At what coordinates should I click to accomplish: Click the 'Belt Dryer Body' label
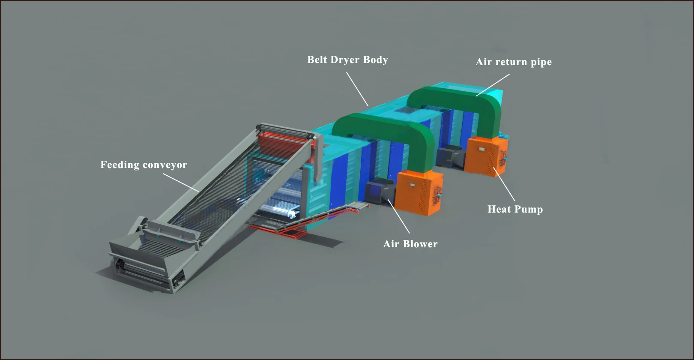(x=347, y=60)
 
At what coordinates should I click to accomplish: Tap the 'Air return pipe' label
(x=513, y=62)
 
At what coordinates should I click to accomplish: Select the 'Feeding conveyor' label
(x=144, y=165)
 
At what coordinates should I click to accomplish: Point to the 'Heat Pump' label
(x=515, y=209)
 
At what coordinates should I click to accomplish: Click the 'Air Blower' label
(x=410, y=244)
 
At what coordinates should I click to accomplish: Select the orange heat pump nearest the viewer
(x=418, y=192)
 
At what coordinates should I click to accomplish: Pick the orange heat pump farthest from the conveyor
(x=486, y=156)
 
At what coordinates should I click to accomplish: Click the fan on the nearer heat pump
(x=437, y=195)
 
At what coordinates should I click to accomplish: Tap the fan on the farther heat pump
(x=502, y=159)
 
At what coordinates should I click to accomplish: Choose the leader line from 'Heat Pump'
(x=504, y=184)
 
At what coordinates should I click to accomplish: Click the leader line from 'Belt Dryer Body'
(x=357, y=89)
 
